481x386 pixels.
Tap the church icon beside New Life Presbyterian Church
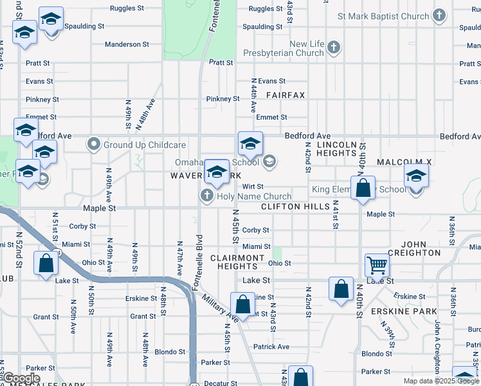point(333,47)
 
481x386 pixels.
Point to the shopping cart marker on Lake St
point(376,264)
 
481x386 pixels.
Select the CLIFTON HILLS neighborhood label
point(295,207)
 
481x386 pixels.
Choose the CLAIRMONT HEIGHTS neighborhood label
point(237,262)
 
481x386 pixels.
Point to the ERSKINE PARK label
point(395,311)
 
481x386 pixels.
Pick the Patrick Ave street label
point(271,347)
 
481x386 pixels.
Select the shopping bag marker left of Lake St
point(46,263)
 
